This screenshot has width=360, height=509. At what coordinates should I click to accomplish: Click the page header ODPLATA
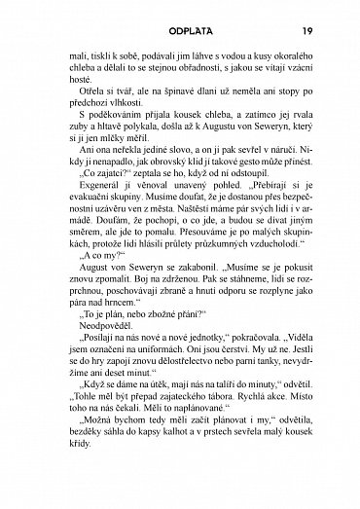coord(186,30)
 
